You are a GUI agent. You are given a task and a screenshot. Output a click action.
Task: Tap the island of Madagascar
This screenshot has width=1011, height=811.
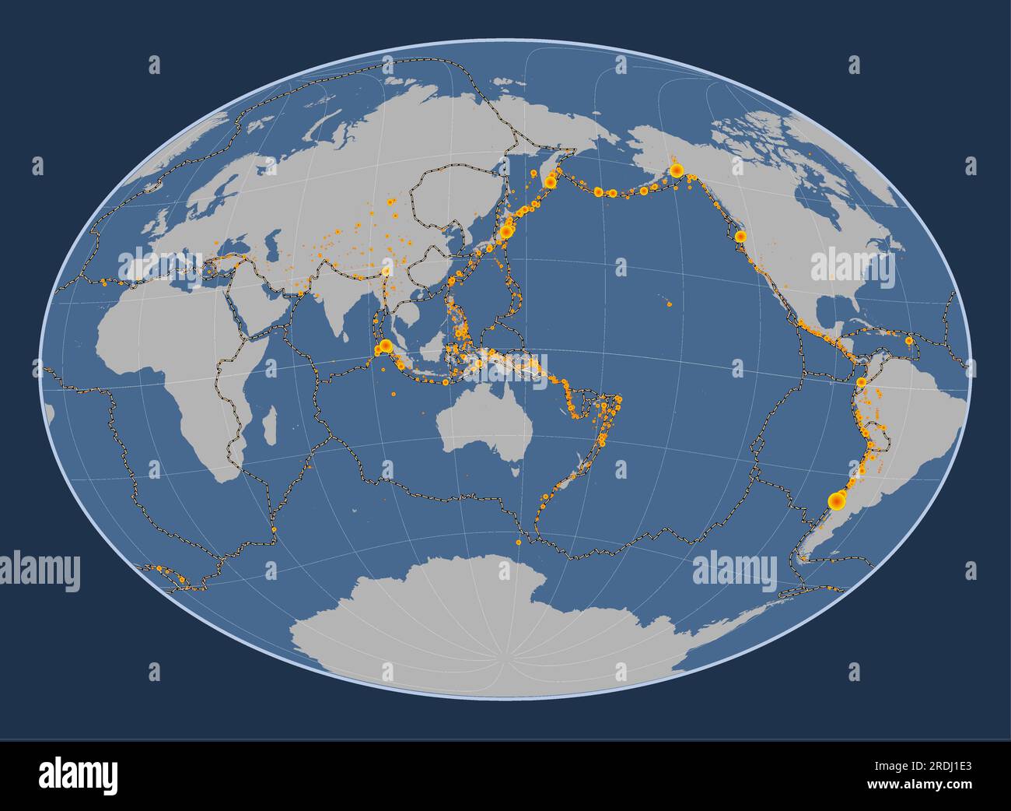(269, 428)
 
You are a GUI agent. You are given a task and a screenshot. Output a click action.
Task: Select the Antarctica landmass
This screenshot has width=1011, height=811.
(498, 623)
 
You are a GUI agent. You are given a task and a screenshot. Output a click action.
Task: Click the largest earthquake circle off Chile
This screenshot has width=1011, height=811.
(837, 501)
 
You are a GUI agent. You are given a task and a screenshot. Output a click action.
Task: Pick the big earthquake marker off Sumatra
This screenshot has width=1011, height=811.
(384, 346)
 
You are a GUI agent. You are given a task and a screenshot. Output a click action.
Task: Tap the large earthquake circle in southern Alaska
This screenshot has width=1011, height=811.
(677, 170)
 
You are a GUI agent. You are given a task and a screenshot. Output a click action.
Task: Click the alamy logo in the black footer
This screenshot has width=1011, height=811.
(78, 775)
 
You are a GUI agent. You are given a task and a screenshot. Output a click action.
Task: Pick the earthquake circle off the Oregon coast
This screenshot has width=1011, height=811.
(740, 235)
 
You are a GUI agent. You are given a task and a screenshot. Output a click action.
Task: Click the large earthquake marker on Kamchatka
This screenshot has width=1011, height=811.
(551, 182)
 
